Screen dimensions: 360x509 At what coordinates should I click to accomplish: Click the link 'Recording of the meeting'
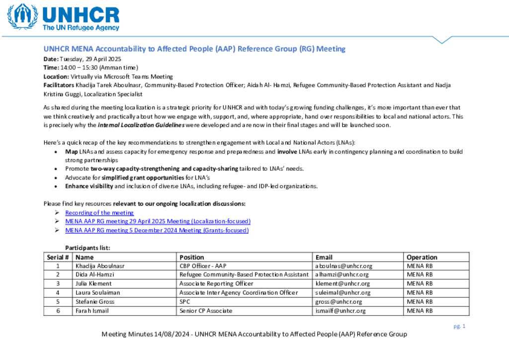point(99,213)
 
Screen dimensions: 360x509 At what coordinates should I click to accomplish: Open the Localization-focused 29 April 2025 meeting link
point(158,221)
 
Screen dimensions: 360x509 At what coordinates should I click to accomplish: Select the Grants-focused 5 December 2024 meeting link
point(157,230)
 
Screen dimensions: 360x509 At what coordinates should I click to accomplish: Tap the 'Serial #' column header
point(58,257)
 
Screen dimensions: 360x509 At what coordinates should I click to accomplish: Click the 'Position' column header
point(192,257)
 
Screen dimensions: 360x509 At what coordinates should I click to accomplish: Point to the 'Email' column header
point(324,257)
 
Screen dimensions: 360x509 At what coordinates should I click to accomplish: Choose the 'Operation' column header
point(422,257)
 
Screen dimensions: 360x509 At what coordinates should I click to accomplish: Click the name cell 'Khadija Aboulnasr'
point(100,266)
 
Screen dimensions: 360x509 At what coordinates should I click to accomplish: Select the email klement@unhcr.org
point(342,284)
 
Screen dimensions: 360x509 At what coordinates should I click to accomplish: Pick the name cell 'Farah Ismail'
point(92,311)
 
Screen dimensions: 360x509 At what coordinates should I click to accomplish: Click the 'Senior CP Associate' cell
point(206,311)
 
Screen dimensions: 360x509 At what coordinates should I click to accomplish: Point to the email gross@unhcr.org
point(339,302)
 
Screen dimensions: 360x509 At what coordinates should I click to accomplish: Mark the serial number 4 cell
point(58,293)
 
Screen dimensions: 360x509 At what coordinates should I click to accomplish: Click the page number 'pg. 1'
point(459,326)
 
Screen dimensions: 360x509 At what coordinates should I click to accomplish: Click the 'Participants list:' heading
point(87,248)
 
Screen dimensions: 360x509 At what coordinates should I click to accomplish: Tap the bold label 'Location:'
point(56,77)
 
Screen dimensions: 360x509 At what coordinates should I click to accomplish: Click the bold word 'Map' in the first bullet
point(71,152)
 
